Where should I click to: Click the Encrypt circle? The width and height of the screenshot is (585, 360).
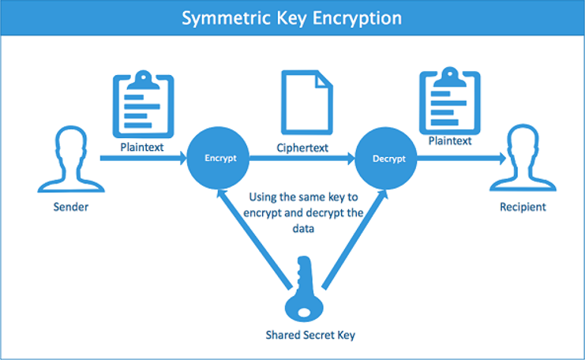(218, 158)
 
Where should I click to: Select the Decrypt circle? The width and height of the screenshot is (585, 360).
(386, 158)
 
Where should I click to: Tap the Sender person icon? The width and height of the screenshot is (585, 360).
(71, 159)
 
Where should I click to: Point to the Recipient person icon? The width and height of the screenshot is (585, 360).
(523, 158)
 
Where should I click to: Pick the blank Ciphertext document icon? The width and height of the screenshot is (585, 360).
(306, 102)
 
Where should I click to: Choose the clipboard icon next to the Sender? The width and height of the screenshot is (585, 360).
(143, 104)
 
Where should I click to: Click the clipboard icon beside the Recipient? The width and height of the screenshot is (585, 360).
(449, 101)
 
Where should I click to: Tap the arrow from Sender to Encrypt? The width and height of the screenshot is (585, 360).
(144, 158)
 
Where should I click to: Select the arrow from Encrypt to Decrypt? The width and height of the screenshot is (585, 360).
(302, 159)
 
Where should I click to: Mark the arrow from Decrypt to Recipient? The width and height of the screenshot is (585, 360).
(462, 159)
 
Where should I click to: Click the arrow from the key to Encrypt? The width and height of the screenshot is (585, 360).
(255, 238)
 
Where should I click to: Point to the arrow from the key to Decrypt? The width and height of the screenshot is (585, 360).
(354, 239)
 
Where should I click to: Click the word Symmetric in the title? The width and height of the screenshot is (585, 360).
(226, 18)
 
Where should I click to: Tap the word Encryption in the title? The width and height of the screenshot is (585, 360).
(357, 18)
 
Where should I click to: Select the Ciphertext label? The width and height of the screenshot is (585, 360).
(302, 148)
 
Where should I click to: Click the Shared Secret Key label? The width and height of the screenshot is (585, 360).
(310, 335)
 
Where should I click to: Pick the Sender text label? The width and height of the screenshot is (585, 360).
(71, 207)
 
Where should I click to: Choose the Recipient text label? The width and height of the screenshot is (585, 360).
(523, 207)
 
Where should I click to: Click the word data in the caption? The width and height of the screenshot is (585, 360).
(303, 228)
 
